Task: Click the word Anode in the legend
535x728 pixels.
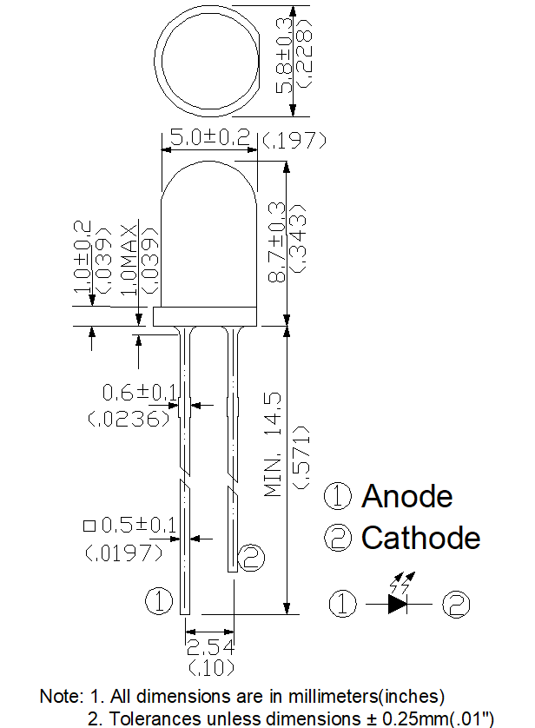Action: (407, 496)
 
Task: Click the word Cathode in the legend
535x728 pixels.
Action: (421, 538)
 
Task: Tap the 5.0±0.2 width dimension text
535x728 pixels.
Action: (210, 137)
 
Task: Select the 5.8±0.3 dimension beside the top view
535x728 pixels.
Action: (284, 56)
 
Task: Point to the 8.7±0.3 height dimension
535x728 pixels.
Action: (277, 242)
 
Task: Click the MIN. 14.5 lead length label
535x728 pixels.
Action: (273, 444)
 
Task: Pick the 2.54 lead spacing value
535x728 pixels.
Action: (210, 646)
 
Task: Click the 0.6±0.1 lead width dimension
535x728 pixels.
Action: (139, 393)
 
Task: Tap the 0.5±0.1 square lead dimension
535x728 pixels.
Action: (139, 525)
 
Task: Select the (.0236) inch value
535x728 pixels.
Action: (129, 419)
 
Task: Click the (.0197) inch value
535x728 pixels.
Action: (124, 553)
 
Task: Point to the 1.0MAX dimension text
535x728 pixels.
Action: (129, 260)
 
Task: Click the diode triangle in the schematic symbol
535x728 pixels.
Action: (398, 604)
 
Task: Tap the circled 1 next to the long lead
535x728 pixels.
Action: (159, 601)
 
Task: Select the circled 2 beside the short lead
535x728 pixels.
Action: (251, 557)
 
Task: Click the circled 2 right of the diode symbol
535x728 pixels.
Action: (456, 604)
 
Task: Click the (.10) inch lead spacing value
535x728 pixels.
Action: (211, 668)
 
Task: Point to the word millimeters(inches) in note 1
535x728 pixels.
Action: (367, 696)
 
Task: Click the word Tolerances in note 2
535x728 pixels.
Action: (155, 718)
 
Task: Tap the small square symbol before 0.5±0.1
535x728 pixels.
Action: (89, 526)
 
